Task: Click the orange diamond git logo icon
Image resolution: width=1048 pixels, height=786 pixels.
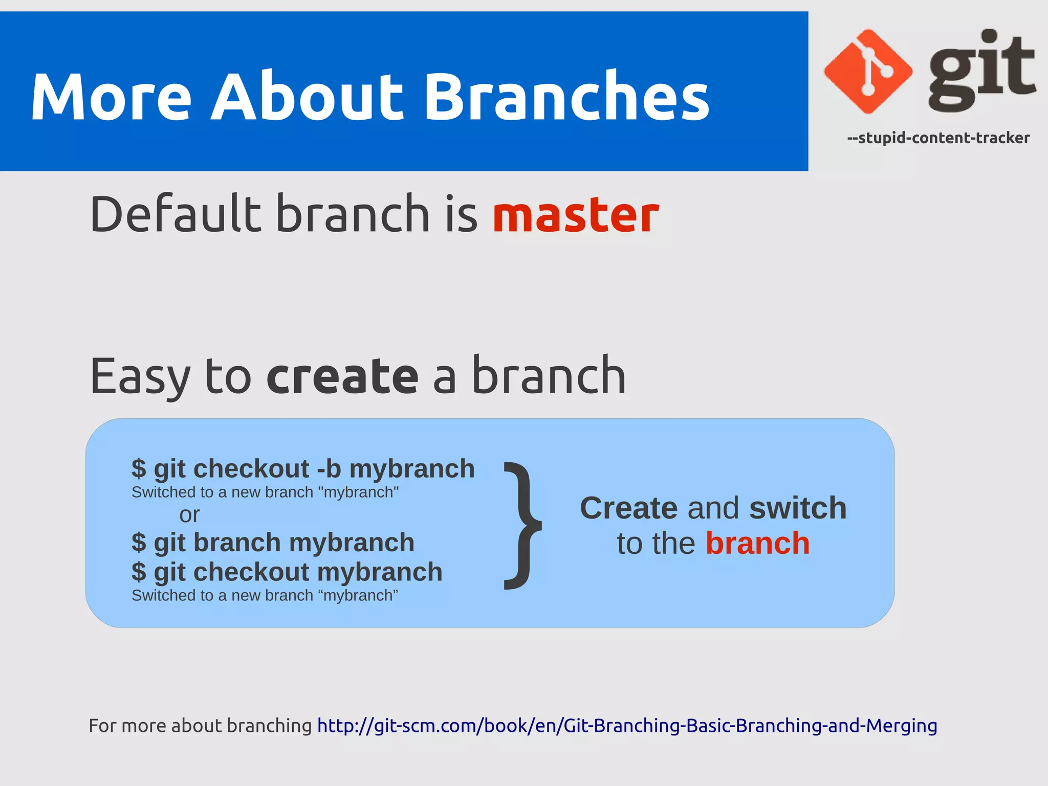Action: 868,71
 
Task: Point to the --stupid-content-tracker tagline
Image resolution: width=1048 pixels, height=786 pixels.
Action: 938,138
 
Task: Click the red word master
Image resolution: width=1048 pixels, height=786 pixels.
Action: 576,215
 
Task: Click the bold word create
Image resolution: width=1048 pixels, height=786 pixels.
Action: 342,376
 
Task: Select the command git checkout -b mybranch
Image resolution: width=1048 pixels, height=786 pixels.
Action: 303,468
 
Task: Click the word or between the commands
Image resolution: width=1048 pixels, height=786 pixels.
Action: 189,514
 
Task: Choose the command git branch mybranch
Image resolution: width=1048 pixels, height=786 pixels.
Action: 273,542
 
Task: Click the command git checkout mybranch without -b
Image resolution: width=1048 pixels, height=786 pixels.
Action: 287,572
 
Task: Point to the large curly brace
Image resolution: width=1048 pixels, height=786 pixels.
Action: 522,526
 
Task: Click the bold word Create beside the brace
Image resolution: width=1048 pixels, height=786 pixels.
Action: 628,508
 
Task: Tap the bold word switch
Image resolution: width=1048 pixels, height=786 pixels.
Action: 797,508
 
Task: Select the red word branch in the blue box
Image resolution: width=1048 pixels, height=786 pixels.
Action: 757,543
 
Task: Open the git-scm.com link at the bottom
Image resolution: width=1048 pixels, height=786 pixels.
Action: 627,726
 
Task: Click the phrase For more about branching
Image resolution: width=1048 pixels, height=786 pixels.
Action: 200,726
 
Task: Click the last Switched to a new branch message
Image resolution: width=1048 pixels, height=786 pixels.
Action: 265,596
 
